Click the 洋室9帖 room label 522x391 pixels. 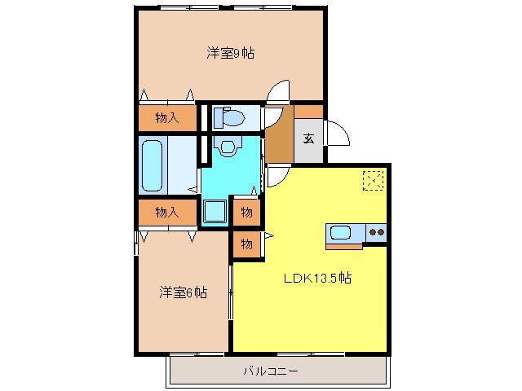pyautogui.click(x=229, y=54)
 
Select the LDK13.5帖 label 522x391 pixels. pyautogui.click(x=317, y=278)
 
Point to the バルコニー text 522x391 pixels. pyautogui.click(x=271, y=371)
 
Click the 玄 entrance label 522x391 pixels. pyautogui.click(x=309, y=138)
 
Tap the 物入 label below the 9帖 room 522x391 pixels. pyautogui.click(x=166, y=118)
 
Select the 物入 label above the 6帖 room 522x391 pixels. pyautogui.click(x=166, y=213)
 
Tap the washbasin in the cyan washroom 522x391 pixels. pyautogui.click(x=227, y=147)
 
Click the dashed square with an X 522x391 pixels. pyautogui.click(x=374, y=180)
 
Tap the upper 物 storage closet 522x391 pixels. pyautogui.click(x=246, y=213)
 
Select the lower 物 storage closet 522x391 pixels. pyautogui.click(x=246, y=243)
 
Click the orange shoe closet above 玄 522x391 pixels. pyautogui.click(x=308, y=112)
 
